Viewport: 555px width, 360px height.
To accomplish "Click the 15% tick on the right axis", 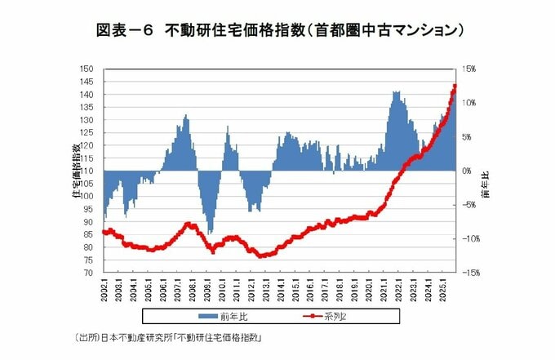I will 471,69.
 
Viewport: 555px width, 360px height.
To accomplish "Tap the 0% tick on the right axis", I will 468,171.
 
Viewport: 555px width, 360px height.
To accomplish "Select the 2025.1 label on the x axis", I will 442,291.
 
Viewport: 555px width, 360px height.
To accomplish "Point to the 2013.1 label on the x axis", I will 266,291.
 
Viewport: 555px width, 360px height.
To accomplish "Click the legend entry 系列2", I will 344,314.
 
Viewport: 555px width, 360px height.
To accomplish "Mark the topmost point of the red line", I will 454,86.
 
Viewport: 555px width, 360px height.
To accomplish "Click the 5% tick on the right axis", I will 468,137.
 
